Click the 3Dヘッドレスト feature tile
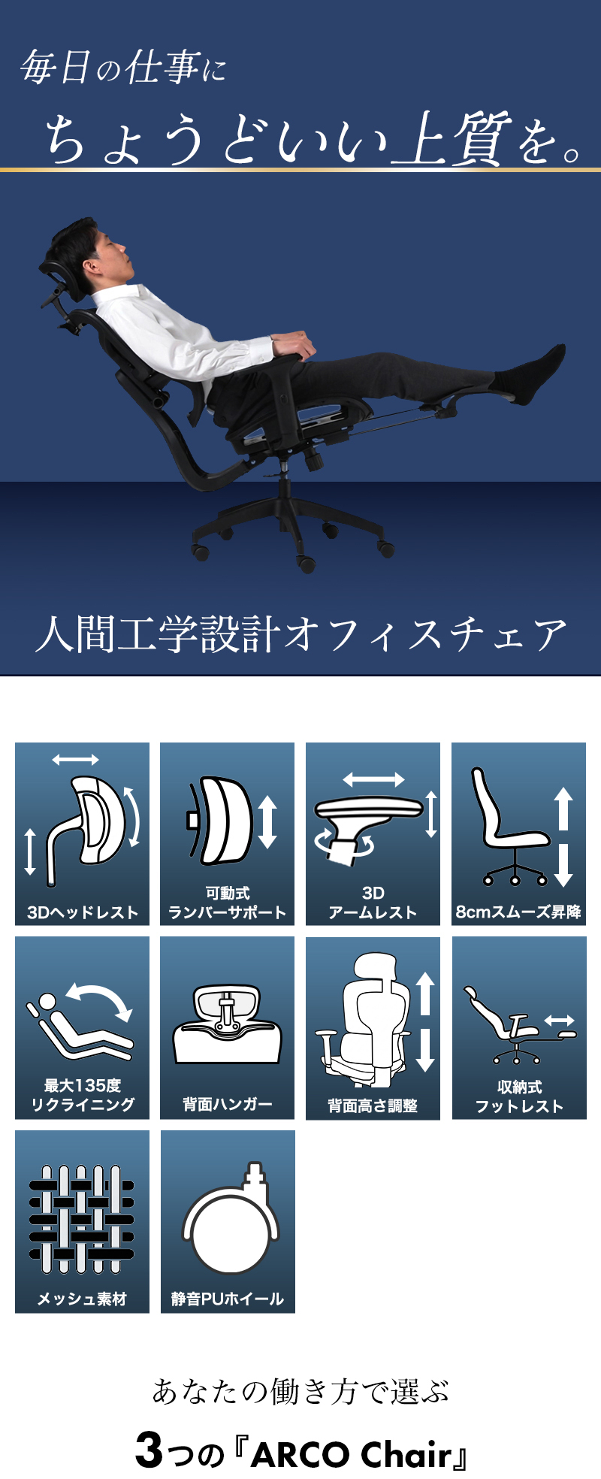click(x=82, y=833)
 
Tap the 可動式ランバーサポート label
click(x=227, y=903)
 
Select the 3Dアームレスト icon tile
click(x=373, y=833)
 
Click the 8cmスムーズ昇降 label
click(x=518, y=912)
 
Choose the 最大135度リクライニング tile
click(x=82, y=1027)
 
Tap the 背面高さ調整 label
click(x=373, y=1105)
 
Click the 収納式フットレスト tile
click(x=519, y=1027)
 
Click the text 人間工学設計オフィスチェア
click(x=300, y=634)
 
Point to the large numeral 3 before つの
click(x=149, y=1450)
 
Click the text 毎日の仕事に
click(x=123, y=68)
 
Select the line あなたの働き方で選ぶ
click(x=300, y=1391)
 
